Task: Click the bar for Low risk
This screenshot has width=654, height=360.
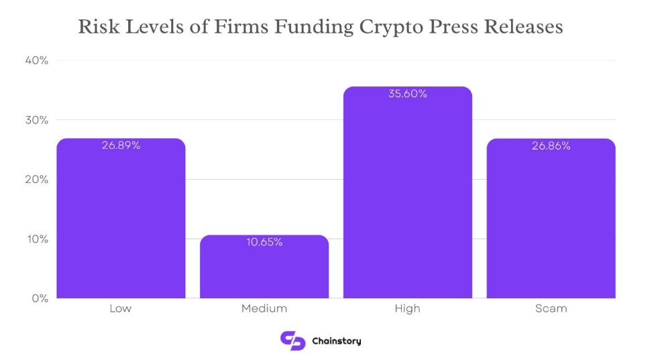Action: tap(121, 221)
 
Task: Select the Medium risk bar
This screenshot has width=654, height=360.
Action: tap(264, 268)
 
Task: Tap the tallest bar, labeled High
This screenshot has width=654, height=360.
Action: tap(407, 194)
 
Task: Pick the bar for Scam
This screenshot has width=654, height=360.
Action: tap(551, 221)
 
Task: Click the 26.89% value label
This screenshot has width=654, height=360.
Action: tap(121, 145)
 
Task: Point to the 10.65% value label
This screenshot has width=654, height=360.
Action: tap(264, 242)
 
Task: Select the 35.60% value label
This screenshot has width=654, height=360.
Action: tap(407, 94)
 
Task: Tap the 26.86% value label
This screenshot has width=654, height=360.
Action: tap(551, 145)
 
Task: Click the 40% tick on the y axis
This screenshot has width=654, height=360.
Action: tap(37, 61)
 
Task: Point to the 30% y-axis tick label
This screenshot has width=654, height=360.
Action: tap(37, 120)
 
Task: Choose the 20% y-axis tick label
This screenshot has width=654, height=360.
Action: tap(37, 180)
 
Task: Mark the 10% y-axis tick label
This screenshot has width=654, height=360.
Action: tap(37, 239)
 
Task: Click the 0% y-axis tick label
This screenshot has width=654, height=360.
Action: tap(40, 298)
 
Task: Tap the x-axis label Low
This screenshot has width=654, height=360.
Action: tap(121, 309)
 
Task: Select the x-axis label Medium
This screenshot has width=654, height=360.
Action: tap(264, 309)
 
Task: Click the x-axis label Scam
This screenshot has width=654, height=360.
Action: tap(551, 309)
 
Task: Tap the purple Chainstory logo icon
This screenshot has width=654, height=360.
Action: tap(292, 341)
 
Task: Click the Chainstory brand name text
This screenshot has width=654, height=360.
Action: tap(337, 341)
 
